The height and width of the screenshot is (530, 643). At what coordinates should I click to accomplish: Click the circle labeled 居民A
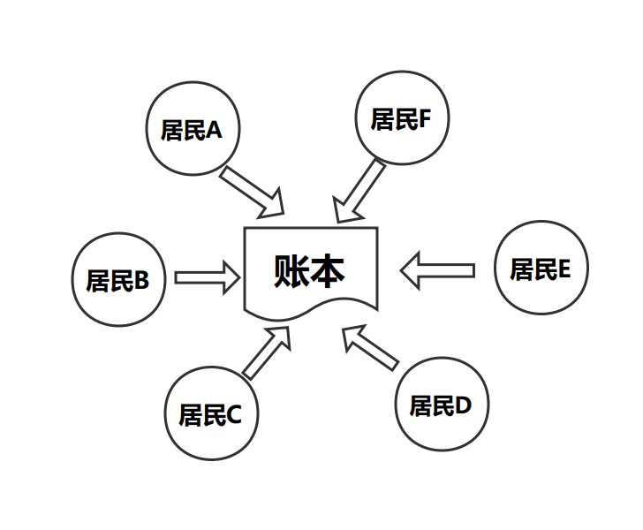pyautogui.click(x=191, y=130)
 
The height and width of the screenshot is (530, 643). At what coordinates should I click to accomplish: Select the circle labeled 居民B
pyautogui.click(x=117, y=280)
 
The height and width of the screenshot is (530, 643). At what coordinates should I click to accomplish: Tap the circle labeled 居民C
pyautogui.click(x=210, y=413)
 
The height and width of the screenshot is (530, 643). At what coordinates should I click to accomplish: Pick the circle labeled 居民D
pyautogui.click(x=441, y=405)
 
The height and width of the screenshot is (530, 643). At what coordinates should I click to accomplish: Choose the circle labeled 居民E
pyautogui.click(x=541, y=269)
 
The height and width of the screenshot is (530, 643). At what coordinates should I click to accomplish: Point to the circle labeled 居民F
pyautogui.click(x=400, y=118)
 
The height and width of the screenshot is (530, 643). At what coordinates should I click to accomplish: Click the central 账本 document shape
pyautogui.click(x=312, y=270)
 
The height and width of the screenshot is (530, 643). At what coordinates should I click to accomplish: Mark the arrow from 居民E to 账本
pyautogui.click(x=437, y=269)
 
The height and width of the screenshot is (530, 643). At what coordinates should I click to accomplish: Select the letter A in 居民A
pyautogui.click(x=214, y=131)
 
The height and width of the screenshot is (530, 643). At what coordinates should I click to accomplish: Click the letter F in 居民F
pyautogui.click(x=424, y=119)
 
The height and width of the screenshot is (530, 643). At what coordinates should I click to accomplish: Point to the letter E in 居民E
pyautogui.click(x=564, y=269)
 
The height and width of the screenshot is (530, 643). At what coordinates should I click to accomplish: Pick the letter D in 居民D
pyautogui.click(x=464, y=406)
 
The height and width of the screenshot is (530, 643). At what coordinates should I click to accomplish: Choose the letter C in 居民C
pyautogui.click(x=234, y=414)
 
